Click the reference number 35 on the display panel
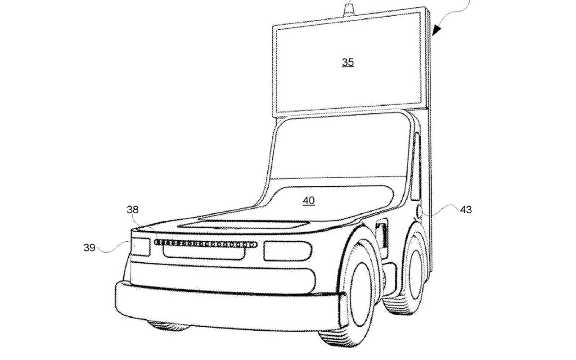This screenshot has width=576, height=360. coord(348,62)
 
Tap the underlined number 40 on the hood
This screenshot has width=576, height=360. coord(309,201)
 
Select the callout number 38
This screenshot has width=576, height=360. coord(133,210)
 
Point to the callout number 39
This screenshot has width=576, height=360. coord(89,247)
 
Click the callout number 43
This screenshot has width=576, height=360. coord(466,210)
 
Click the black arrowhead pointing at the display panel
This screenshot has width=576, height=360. coord(436,30)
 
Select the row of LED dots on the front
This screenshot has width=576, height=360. coord(206,243)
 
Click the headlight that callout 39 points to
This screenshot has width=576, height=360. coord(141,247)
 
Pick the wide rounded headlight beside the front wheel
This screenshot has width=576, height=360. coord(288,251)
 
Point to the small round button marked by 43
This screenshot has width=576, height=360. coord(419,212)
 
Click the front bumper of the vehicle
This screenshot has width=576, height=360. coord(229,306)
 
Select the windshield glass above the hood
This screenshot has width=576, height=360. coord(339,148)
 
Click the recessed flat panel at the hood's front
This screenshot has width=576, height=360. coord(243,224)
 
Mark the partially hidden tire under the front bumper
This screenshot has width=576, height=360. coord(168,325)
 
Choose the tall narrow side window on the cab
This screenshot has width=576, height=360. coord(416,166)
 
